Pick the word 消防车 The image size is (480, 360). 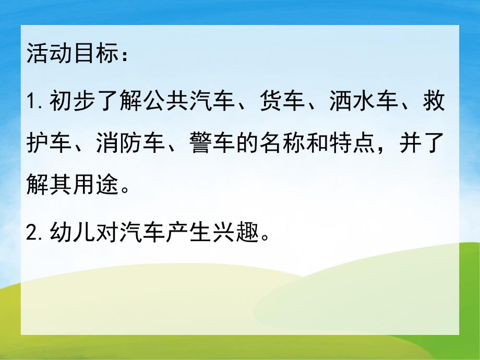click(x=130, y=142)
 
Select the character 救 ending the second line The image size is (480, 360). click(x=435, y=101)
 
